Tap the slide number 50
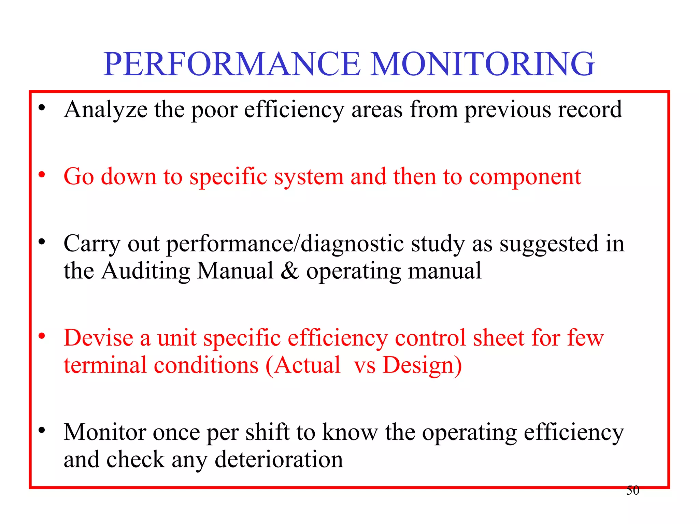(632, 490)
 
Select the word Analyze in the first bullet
(106, 110)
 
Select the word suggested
(549, 244)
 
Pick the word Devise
(99, 338)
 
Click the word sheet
(498, 338)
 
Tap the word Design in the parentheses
(418, 365)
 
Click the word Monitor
(105, 433)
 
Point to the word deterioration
(279, 460)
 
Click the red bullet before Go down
(42, 175)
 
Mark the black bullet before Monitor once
(42, 430)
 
